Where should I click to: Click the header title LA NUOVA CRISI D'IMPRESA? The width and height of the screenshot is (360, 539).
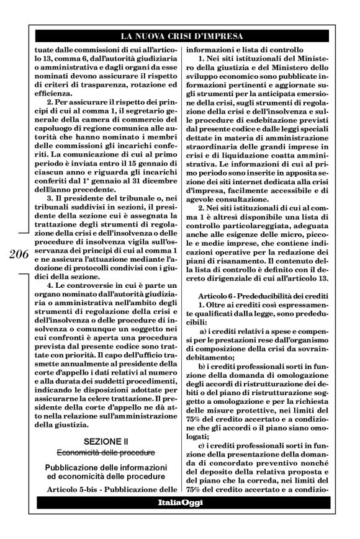click(180, 37)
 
